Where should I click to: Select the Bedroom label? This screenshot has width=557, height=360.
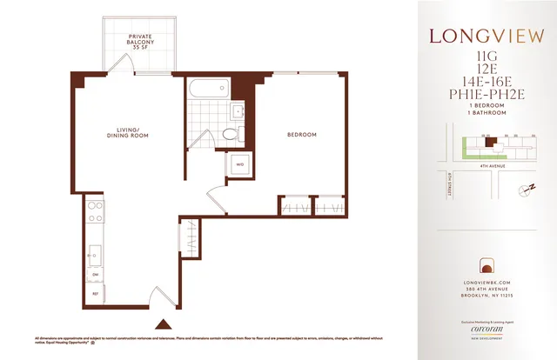[x=302, y=135]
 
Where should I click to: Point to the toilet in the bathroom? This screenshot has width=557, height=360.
[x=231, y=134]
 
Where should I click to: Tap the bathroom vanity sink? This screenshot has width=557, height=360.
[x=238, y=110]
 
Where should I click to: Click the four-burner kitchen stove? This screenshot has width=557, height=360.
[x=95, y=211]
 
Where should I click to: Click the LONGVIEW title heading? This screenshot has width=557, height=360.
[x=487, y=37]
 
